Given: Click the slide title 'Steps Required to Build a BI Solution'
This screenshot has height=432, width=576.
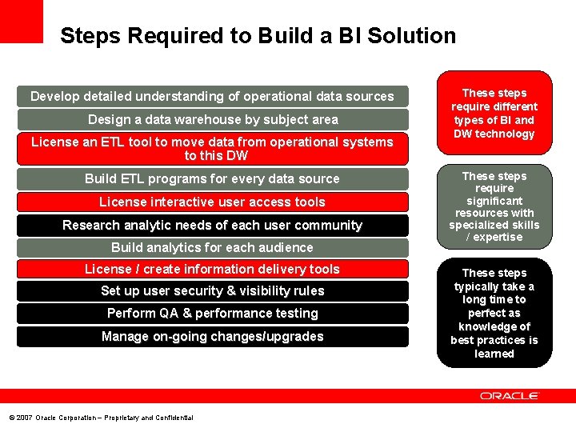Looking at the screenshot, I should click(x=258, y=36).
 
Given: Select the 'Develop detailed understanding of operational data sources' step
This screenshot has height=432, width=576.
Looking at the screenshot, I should click(x=212, y=97).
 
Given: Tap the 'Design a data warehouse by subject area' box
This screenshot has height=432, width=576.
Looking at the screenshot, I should click(x=212, y=120).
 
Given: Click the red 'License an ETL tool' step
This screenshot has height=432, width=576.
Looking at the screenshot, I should click(x=212, y=149).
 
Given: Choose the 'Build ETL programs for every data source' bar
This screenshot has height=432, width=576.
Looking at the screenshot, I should click(x=212, y=179).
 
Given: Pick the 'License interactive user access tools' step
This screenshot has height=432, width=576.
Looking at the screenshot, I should click(x=212, y=202).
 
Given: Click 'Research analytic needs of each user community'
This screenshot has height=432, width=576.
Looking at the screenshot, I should click(x=212, y=226).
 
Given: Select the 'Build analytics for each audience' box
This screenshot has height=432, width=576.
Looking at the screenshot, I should click(x=212, y=248).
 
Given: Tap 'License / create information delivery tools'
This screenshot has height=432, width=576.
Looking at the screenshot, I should click(x=212, y=270).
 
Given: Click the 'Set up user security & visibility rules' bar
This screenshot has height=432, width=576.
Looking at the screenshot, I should click(x=212, y=291).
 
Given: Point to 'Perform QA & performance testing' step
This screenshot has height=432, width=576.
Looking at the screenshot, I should click(x=212, y=314).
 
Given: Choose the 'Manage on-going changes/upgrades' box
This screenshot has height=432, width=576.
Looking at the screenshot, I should click(x=212, y=337).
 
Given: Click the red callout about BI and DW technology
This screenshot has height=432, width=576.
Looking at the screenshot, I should click(x=494, y=114).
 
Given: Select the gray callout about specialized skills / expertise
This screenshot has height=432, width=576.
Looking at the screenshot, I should click(x=494, y=206).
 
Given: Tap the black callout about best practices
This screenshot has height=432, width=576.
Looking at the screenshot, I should click(x=494, y=313).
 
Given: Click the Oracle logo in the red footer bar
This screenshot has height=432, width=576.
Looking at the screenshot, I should click(x=510, y=396).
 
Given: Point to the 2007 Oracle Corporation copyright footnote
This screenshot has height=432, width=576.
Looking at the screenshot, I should click(x=101, y=418).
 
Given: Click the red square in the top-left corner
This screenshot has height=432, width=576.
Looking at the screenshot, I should click(x=21, y=21).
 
